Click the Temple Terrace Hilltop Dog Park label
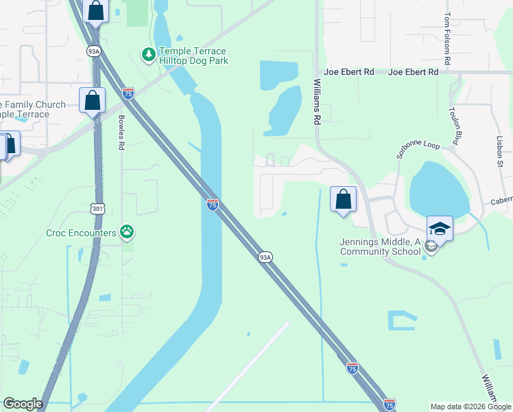click(193, 56)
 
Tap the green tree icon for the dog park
click(147, 54)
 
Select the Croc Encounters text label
click(81, 233)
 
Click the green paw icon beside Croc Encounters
click(127, 232)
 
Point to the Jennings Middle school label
click(380, 247)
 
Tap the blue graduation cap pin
click(440, 229)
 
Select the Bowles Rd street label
click(121, 135)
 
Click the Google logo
click(23, 404)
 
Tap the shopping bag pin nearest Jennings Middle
click(343, 200)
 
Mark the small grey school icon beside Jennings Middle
click(429, 247)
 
